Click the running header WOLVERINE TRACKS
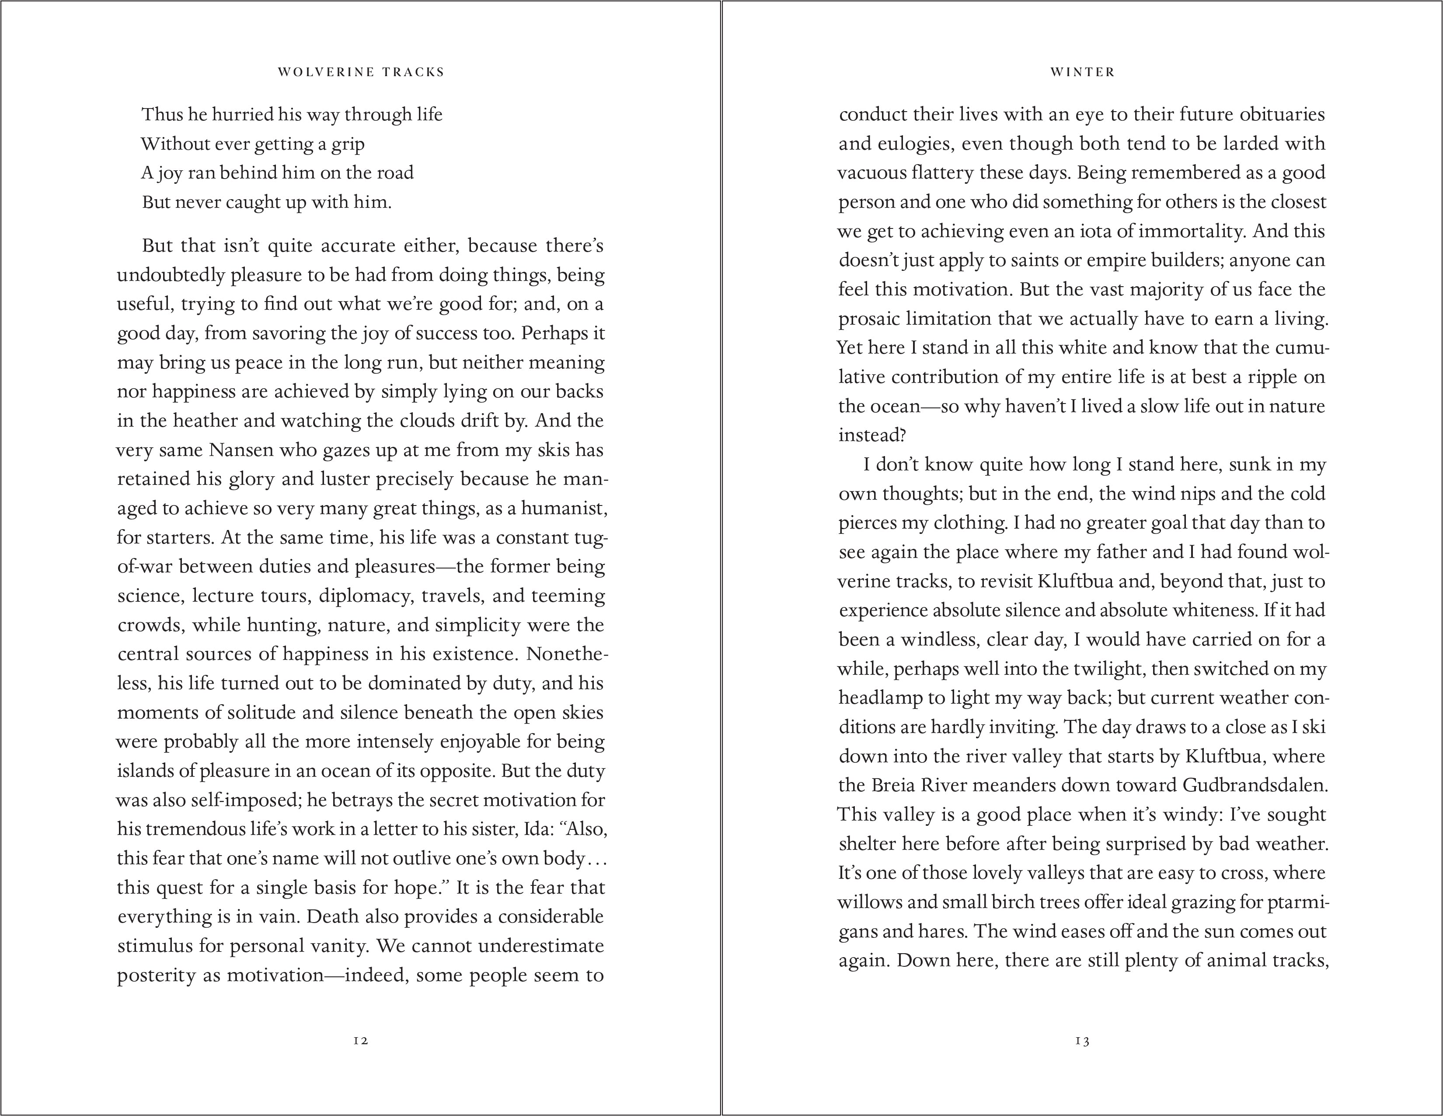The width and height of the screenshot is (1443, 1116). click(x=361, y=72)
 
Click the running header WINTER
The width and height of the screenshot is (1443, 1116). click(x=1082, y=72)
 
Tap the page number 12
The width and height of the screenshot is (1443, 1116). click(x=361, y=1041)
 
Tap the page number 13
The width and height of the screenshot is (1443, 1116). click(x=1082, y=1041)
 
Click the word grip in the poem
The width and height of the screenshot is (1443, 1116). click(x=349, y=144)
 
